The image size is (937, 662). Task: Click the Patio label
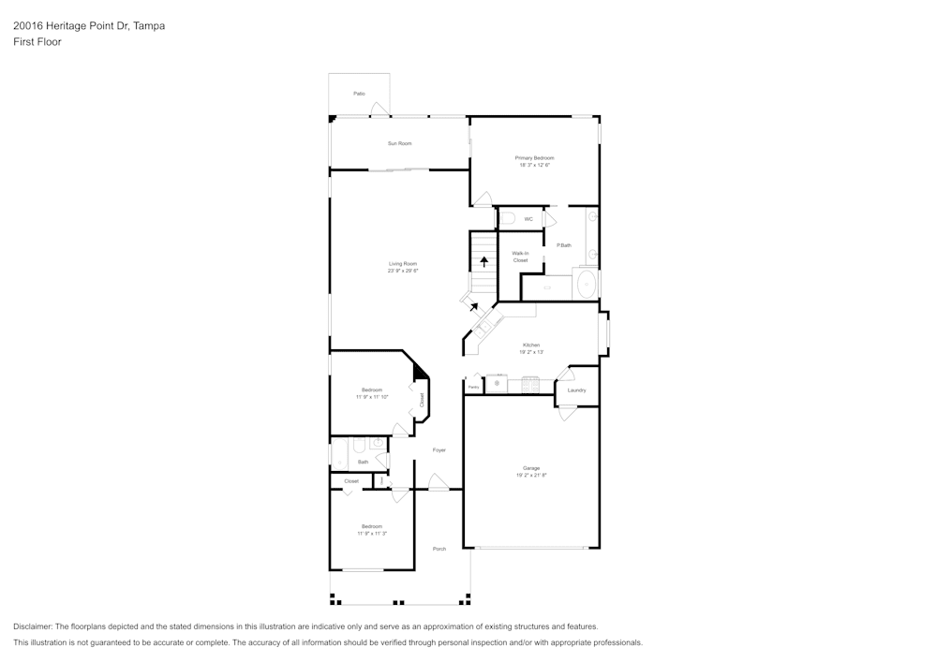(x=359, y=94)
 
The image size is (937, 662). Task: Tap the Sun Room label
(x=400, y=143)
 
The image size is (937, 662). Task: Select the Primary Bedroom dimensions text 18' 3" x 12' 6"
(x=534, y=166)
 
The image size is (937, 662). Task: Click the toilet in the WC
(x=507, y=218)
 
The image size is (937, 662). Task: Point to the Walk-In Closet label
(x=520, y=257)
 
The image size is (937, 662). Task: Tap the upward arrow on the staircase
(x=483, y=261)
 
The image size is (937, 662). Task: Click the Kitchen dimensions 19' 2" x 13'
(x=531, y=353)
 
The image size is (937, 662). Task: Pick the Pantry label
(x=473, y=387)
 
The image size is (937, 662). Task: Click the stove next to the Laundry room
(x=530, y=385)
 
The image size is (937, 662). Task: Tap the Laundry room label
(x=576, y=390)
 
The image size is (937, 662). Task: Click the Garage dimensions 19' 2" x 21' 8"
(x=531, y=476)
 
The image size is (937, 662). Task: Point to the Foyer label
(x=439, y=450)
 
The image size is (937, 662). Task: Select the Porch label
(x=439, y=549)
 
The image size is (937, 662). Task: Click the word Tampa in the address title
(x=150, y=26)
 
